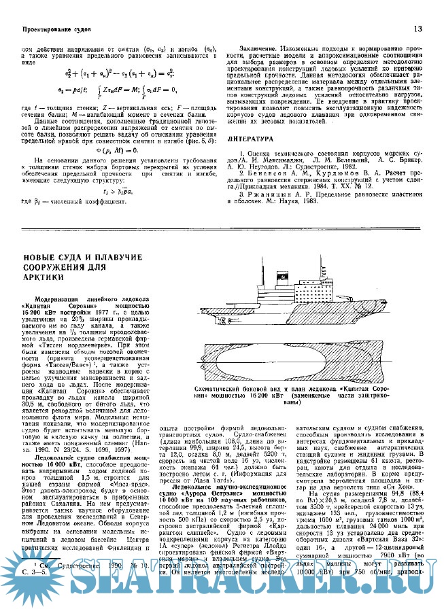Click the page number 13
(418, 29)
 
